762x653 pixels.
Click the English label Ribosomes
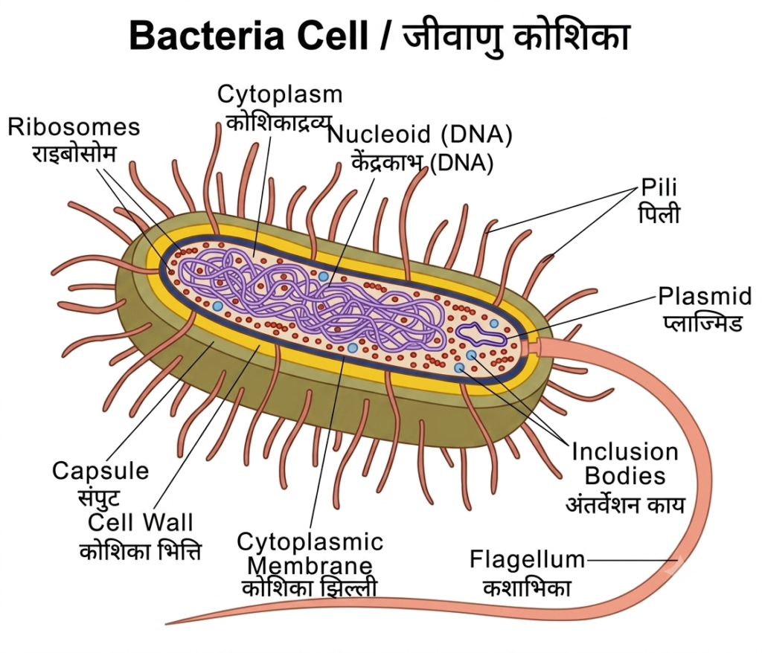click(x=74, y=127)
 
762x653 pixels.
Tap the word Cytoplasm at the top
click(x=280, y=94)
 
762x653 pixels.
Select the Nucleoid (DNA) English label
click(x=420, y=135)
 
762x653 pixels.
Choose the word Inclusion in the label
click(x=625, y=452)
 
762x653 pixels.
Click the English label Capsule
click(x=100, y=472)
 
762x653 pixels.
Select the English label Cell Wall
click(x=141, y=522)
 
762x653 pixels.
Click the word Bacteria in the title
click(x=205, y=36)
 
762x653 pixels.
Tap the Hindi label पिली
click(x=659, y=214)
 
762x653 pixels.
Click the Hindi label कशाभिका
click(x=527, y=588)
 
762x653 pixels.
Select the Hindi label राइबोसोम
click(x=74, y=154)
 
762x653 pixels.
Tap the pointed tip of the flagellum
click(x=167, y=623)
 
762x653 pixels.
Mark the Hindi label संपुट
click(x=99, y=497)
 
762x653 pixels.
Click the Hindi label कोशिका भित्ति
click(x=140, y=551)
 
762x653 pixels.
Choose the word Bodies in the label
click(x=625, y=476)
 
